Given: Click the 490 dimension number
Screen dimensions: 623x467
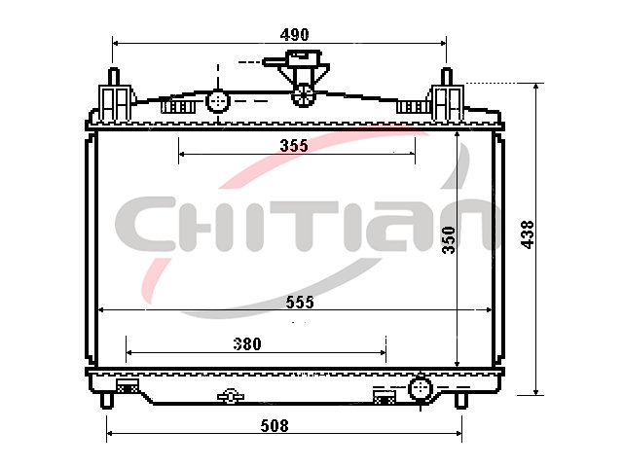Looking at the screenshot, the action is tap(294, 35).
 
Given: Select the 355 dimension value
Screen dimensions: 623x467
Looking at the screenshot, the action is tap(294, 146).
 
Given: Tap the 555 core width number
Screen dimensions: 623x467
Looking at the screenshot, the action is tap(300, 303).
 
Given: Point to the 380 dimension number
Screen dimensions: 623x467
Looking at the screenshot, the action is tap(247, 343).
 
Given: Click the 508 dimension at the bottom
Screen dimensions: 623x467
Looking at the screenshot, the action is tap(275, 426).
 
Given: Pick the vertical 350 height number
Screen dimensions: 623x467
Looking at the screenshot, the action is tap(449, 240).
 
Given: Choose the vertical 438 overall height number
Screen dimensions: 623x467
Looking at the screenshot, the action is tap(528, 234).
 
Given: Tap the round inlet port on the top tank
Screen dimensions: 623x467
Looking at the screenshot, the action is tap(218, 101).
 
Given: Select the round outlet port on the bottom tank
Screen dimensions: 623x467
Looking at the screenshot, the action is tap(420, 389).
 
